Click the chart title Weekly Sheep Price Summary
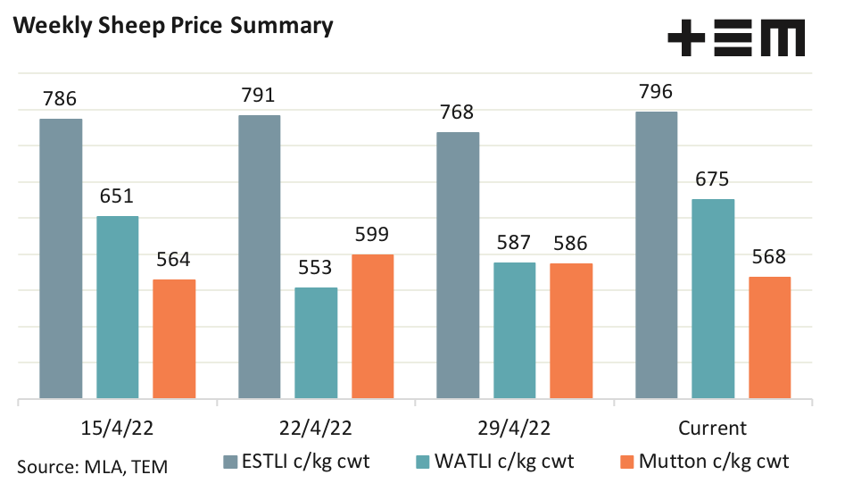[173, 26]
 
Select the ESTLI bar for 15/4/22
[61, 258]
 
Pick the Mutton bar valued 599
[372, 326]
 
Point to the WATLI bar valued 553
[316, 342]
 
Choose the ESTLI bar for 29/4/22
[458, 264]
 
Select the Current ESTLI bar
[656, 254]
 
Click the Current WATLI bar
[713, 298]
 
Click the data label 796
[656, 92]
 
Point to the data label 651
[117, 196]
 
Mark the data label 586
[571, 243]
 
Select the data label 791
[259, 96]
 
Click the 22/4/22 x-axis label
[316, 427]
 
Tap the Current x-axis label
[712, 427]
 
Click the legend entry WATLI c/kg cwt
[504, 461]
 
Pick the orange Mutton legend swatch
[625, 462]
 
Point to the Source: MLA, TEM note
[93, 465]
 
